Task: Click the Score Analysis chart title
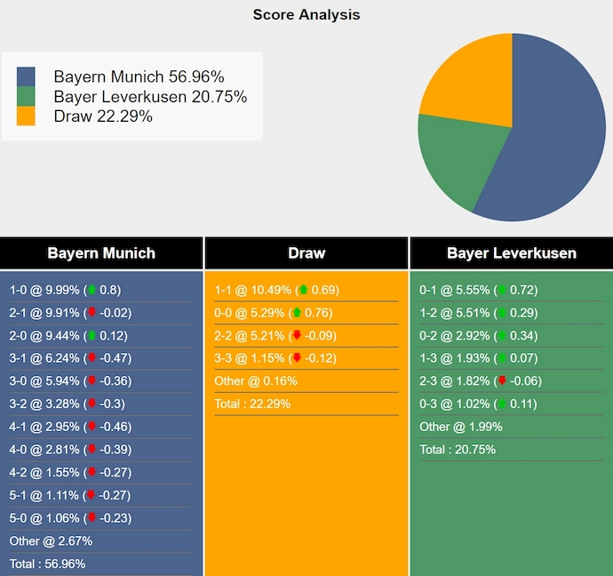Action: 306,14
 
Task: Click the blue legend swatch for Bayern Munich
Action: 26,76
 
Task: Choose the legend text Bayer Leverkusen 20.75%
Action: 150,97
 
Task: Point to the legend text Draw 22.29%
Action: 102,116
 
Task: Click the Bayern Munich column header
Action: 101,253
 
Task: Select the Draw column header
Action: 306,253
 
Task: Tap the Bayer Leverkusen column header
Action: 511,253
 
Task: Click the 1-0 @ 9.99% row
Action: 65,290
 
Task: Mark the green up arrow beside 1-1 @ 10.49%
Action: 303,290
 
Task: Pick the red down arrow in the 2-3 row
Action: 502,381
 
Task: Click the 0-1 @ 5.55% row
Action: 478,290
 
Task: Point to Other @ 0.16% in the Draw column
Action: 256,381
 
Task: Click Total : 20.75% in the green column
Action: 458,450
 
